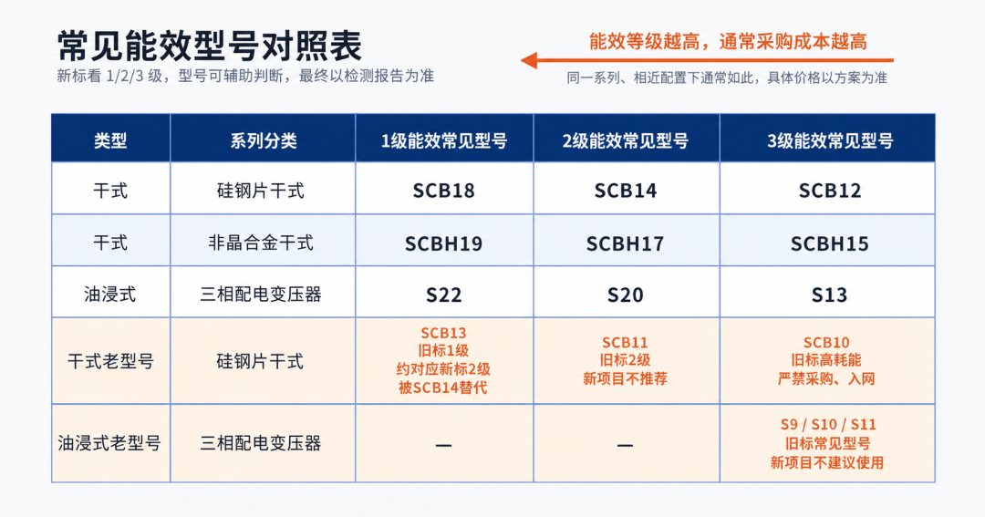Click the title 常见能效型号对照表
click(209, 46)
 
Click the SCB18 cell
click(443, 191)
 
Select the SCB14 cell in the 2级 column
click(625, 191)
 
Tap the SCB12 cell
click(829, 191)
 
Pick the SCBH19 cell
click(443, 243)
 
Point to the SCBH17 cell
click(625, 243)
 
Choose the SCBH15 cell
click(829, 243)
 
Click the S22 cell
click(443, 295)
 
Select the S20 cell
click(625, 295)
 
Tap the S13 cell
click(829, 295)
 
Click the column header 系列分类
click(264, 140)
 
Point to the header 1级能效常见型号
click(443, 140)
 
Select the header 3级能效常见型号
click(829, 140)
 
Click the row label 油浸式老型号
click(110, 443)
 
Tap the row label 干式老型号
click(110, 361)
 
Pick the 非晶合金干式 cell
click(261, 243)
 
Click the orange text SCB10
click(826, 342)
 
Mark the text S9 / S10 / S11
click(828, 425)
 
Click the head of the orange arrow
click(522, 60)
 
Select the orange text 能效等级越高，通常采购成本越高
click(728, 42)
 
